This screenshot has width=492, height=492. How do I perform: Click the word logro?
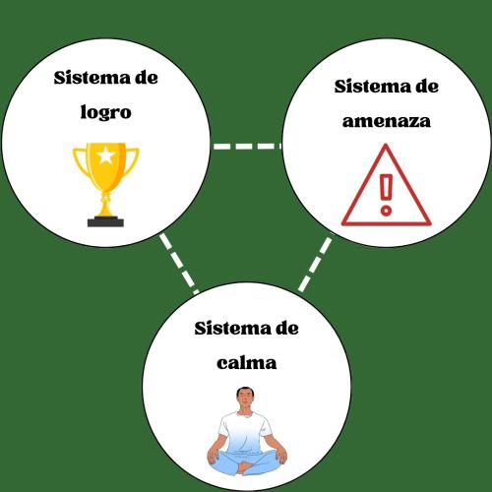point(106,113)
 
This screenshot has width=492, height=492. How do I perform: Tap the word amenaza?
point(387,121)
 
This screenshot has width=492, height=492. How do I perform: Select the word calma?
point(246,363)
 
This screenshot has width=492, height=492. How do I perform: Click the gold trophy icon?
point(105,184)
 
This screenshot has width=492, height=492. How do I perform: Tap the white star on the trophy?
point(105,155)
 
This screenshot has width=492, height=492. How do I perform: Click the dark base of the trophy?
point(105,221)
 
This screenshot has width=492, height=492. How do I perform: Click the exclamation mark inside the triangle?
point(386,195)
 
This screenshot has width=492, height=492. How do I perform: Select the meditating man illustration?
point(247,431)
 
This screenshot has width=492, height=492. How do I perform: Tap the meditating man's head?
point(245,398)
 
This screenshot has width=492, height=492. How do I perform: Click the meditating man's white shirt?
point(245,431)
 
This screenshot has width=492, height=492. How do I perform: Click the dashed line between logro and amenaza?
point(247,146)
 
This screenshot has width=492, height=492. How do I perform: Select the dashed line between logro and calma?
point(179,264)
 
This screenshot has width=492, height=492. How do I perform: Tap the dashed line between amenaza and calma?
point(315,265)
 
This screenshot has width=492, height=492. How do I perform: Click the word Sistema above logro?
point(92,78)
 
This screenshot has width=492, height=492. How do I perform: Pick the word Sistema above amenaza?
point(373,87)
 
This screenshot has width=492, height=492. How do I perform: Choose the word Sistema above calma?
point(232,329)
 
